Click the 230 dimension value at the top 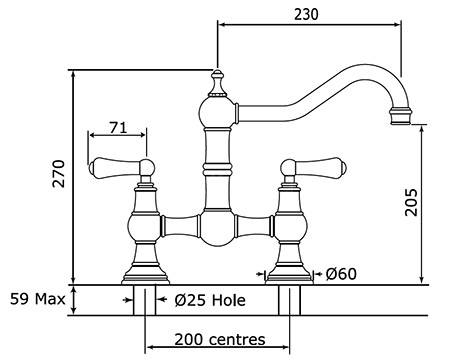pyautogui.click(x=306, y=14)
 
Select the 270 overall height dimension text pyautogui.click(x=59, y=174)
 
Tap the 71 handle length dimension pyautogui.click(x=118, y=127)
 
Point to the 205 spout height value pyautogui.click(x=411, y=202)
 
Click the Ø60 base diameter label pyautogui.click(x=341, y=274)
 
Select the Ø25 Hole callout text pyautogui.click(x=210, y=300)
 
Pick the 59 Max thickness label pyautogui.click(x=37, y=299)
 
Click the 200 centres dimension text pyautogui.click(x=220, y=339)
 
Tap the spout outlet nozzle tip pyautogui.click(x=400, y=116)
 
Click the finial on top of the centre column pyautogui.click(x=217, y=83)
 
